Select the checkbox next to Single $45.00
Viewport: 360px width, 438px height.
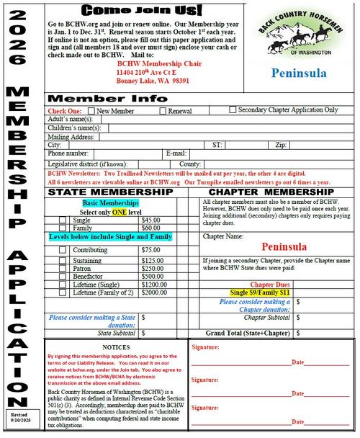point(63,220)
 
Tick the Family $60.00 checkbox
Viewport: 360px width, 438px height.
point(63,228)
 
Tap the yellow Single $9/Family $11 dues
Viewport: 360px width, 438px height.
point(259,292)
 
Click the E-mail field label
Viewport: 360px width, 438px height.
point(176,153)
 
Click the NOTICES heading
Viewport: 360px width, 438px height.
point(116,347)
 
